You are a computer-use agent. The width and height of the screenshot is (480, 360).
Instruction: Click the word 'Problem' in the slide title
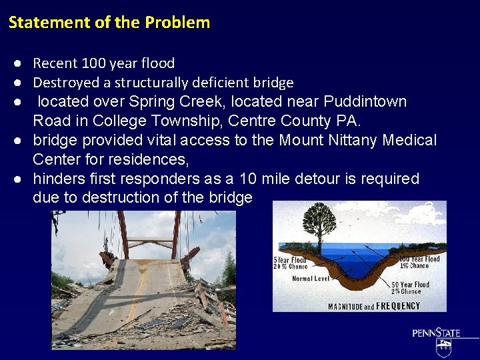(177, 23)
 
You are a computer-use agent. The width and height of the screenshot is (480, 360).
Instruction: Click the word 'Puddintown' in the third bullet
(365, 102)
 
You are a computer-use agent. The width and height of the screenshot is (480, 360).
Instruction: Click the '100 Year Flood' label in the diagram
(419, 259)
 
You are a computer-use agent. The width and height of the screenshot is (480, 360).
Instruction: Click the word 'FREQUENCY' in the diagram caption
(398, 306)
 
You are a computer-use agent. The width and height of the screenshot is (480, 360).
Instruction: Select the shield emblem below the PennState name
(443, 347)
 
